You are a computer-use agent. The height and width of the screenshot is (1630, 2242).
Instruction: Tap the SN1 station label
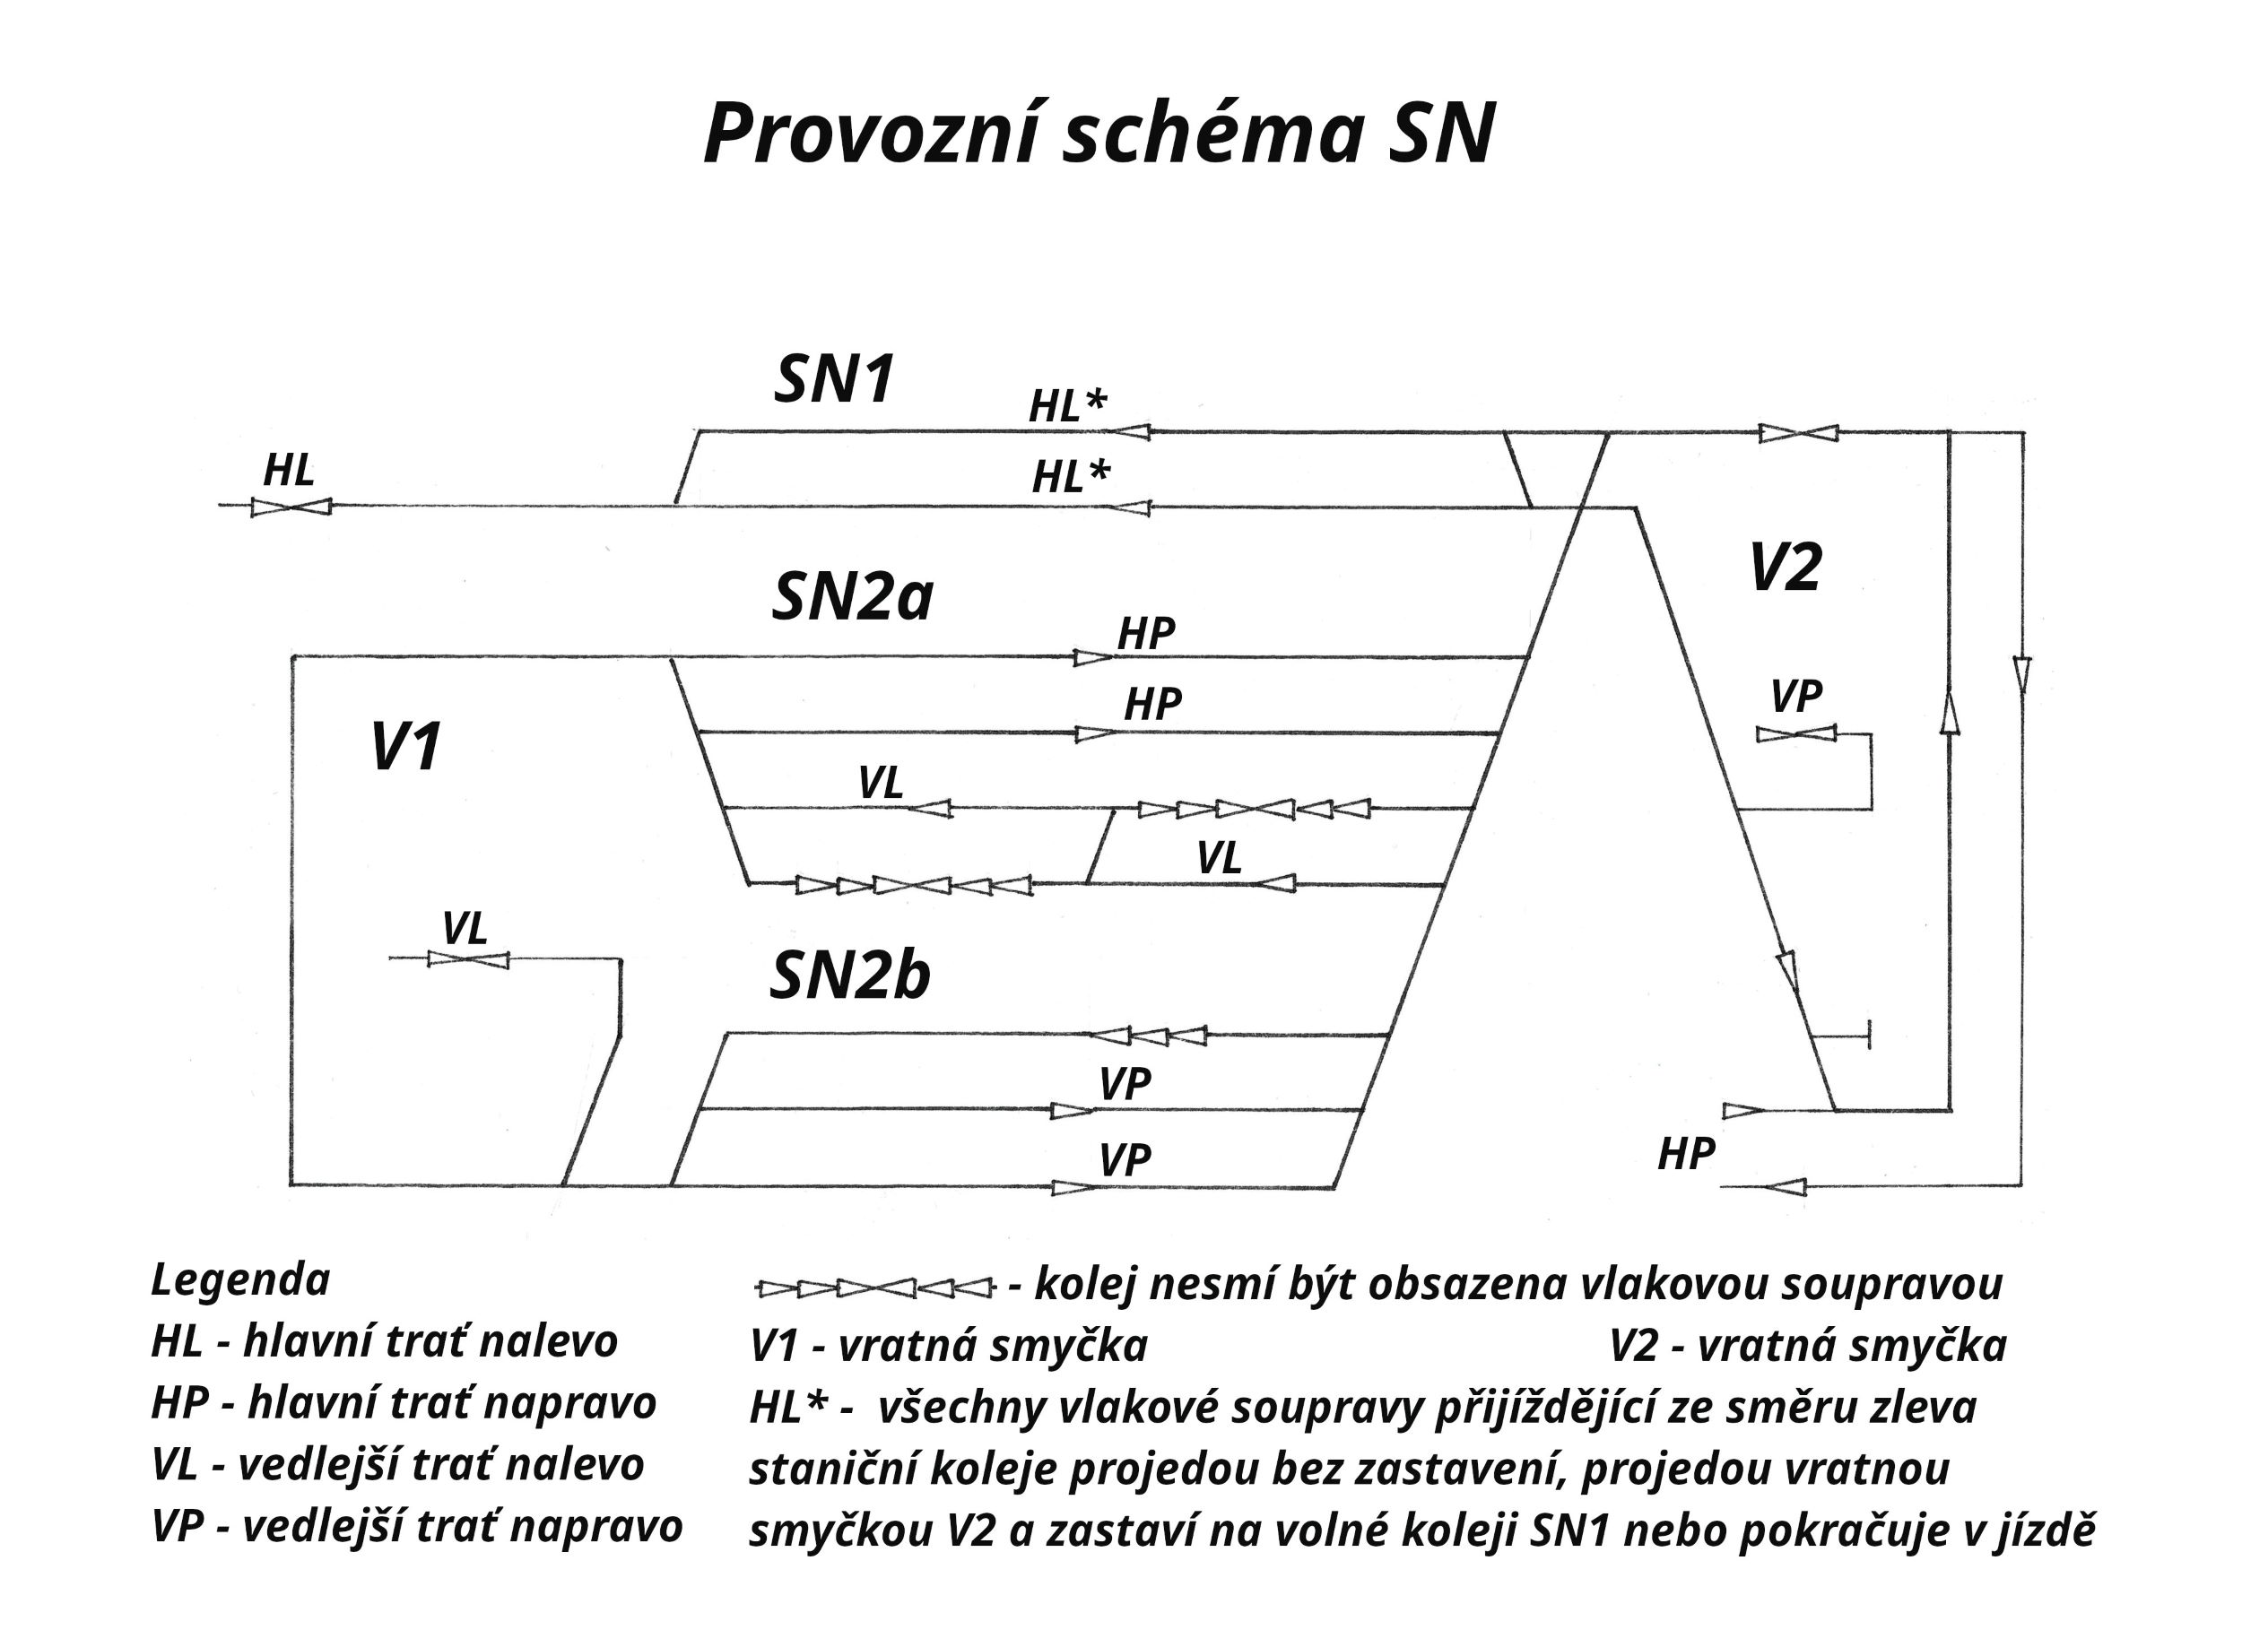tap(833, 379)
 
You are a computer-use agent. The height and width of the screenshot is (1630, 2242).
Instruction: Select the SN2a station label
tap(851, 598)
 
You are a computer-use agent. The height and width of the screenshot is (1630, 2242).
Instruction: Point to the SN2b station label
tap(849, 976)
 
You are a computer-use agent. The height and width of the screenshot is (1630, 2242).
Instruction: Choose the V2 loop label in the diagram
tap(1785, 568)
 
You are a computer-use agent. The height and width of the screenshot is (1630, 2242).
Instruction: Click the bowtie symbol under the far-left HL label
tap(290, 506)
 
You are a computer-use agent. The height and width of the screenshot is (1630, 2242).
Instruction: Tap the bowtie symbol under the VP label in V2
tap(1796, 734)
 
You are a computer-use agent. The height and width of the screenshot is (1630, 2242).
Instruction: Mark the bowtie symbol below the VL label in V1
tap(467, 958)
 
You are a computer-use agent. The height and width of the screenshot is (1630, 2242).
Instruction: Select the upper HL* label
tap(1067, 406)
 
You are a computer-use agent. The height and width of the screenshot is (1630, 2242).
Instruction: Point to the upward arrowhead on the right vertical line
tap(1949, 712)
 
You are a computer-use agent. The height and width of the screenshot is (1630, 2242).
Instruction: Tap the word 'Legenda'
tap(240, 1280)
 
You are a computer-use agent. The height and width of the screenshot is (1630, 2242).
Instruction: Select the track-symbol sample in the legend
tap(873, 1289)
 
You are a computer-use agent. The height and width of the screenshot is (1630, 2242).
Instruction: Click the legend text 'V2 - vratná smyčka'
tap(1808, 1347)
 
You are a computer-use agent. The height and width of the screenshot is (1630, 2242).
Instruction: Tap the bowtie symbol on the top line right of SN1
tap(1798, 433)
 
